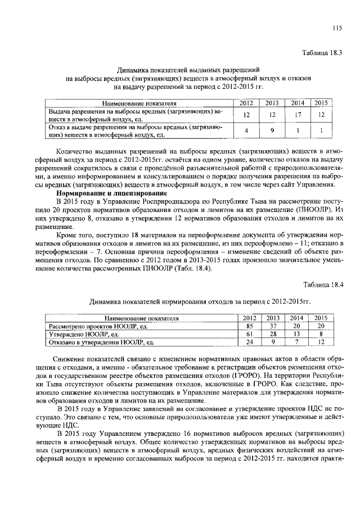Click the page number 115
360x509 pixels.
tap(337, 29)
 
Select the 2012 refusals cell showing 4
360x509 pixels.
tap(246, 131)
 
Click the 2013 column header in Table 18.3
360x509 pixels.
tap(272, 103)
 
